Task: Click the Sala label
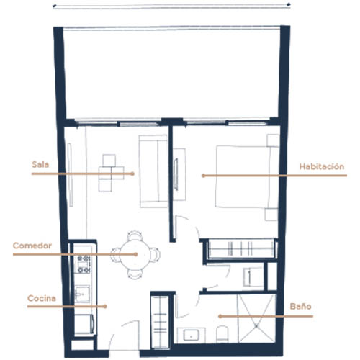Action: click(x=40, y=165)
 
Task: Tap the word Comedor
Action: click(x=32, y=246)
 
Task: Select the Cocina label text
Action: click(x=42, y=298)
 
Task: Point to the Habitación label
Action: click(x=322, y=166)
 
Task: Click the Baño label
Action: click(x=300, y=306)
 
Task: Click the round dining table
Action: click(x=135, y=254)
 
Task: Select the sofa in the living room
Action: click(x=153, y=171)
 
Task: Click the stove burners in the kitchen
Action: click(x=84, y=264)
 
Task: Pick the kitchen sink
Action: click(x=82, y=294)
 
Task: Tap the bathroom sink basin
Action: click(x=191, y=335)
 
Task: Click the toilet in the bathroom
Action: click(x=222, y=334)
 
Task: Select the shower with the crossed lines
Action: click(x=256, y=318)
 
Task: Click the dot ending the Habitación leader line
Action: click(x=203, y=176)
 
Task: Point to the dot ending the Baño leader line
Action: click(x=220, y=316)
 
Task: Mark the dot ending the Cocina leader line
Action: click(x=105, y=307)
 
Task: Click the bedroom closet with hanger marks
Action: click(x=241, y=248)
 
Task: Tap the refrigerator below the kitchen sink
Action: click(x=84, y=324)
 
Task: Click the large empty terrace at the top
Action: click(x=171, y=74)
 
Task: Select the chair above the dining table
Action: click(x=135, y=235)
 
